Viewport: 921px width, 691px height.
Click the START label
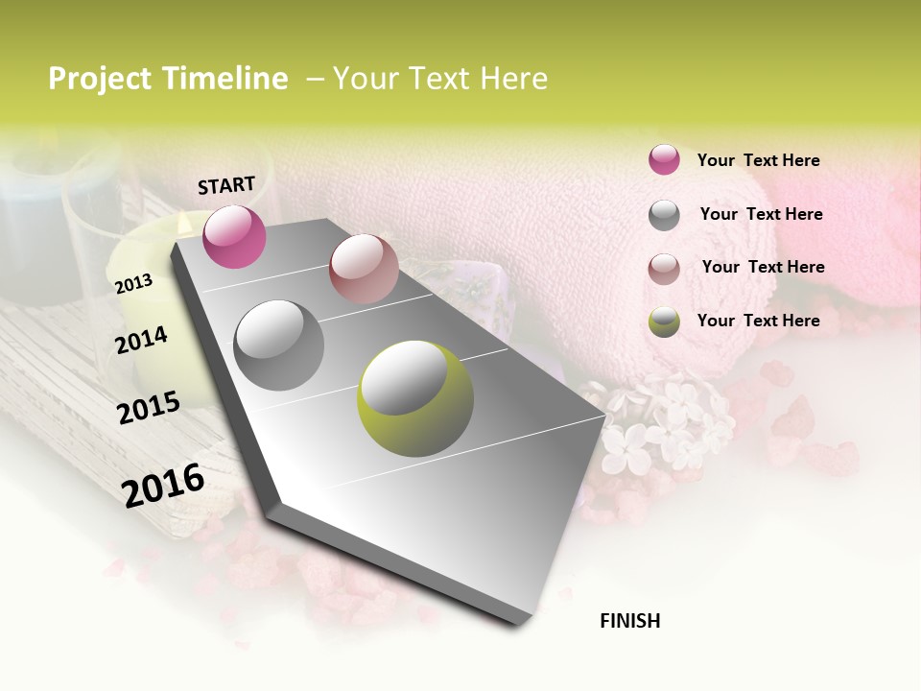point(226,185)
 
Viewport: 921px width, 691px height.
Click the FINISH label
point(629,621)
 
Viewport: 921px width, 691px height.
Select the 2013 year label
point(133,283)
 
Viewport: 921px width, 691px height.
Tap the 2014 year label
point(141,340)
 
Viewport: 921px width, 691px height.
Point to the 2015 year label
point(149,407)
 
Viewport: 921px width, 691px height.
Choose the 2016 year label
point(163,485)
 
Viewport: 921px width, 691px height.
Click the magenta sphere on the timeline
point(234,237)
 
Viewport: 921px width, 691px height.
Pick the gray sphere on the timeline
point(278,345)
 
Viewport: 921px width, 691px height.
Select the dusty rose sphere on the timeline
point(364,269)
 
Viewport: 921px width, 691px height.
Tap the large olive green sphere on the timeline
point(415,398)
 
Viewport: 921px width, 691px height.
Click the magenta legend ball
point(664,160)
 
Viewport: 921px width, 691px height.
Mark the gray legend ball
point(664,215)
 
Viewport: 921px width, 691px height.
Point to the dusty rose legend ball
point(664,269)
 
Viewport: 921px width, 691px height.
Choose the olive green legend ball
point(664,322)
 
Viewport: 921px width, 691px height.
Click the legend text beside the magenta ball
point(758,160)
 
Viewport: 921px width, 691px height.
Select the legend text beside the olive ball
point(758,321)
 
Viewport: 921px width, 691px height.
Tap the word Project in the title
point(101,79)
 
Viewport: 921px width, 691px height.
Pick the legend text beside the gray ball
point(761,214)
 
